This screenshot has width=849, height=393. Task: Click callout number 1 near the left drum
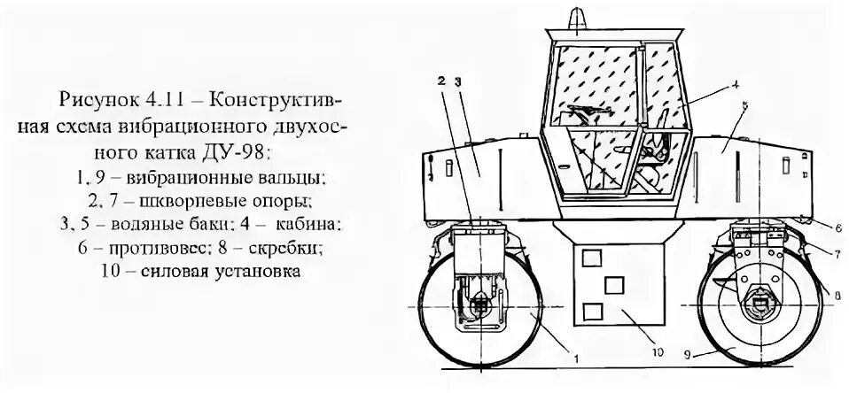[x=577, y=358]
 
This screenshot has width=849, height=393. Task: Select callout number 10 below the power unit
[x=657, y=352]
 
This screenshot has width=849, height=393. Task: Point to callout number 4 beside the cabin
[x=735, y=86]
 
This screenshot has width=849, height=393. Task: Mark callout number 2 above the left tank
[x=440, y=81]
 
